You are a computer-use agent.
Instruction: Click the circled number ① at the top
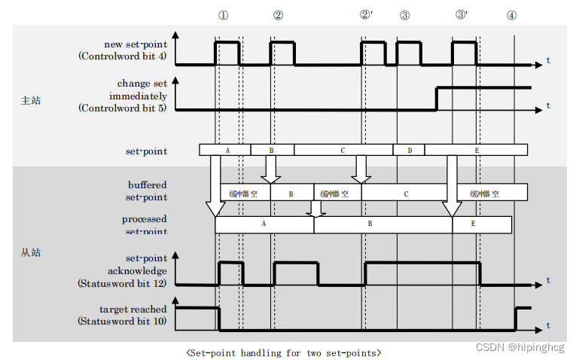pyautogui.click(x=223, y=15)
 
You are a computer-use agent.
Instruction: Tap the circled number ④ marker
pyautogui.click(x=512, y=15)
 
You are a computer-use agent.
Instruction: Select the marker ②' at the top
pyautogui.click(x=367, y=15)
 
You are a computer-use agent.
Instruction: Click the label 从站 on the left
pyautogui.click(x=31, y=252)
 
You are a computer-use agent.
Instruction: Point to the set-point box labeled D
pyautogui.click(x=409, y=151)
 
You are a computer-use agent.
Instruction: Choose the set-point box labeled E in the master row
pyautogui.click(x=476, y=151)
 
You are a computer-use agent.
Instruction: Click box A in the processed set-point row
pyautogui.click(x=264, y=224)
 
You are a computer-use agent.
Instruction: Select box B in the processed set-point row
pyautogui.click(x=370, y=224)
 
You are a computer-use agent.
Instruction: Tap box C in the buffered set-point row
pyautogui.click(x=406, y=193)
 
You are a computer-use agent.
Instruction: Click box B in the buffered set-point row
pyautogui.click(x=291, y=193)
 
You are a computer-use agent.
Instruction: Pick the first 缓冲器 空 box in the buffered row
pyautogui.click(x=244, y=193)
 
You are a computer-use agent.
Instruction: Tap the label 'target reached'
pyautogui.click(x=133, y=310)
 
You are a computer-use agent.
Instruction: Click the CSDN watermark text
pyautogui.click(x=519, y=347)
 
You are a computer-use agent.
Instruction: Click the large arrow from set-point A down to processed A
pyautogui.click(x=215, y=188)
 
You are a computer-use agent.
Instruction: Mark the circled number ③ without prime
pyautogui.click(x=405, y=15)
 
